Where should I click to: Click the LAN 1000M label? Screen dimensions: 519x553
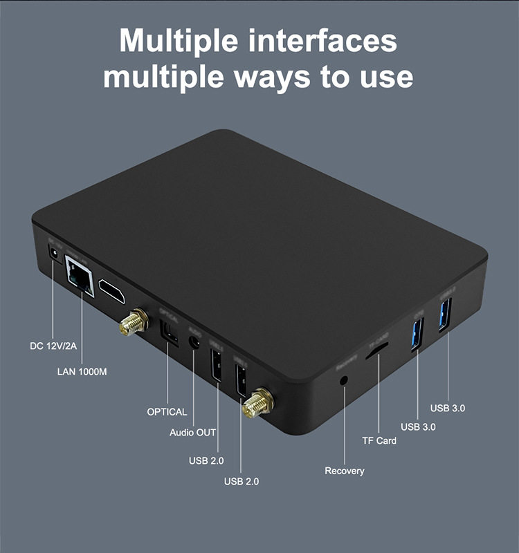82,372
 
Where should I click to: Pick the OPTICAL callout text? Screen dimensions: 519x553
167,412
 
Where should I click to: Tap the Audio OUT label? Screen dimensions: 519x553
193,433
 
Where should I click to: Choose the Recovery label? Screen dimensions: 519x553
344,471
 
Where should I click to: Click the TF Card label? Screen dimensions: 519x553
379,440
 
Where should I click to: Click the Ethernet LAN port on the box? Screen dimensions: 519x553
79,276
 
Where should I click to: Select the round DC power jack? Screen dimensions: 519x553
52,258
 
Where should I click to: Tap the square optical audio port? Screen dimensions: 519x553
167,332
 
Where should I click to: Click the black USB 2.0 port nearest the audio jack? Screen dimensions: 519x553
215,364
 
